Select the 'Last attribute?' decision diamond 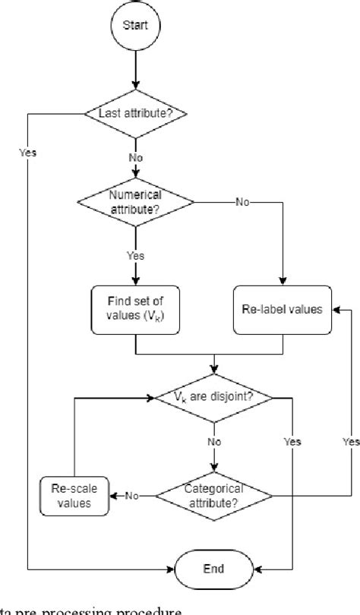coord(137,113)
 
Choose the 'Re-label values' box coord(283,309)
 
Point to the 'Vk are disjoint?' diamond coord(213,396)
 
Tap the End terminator coord(213,569)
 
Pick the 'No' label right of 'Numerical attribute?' coord(242,203)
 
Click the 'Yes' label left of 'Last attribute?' coord(27,152)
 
